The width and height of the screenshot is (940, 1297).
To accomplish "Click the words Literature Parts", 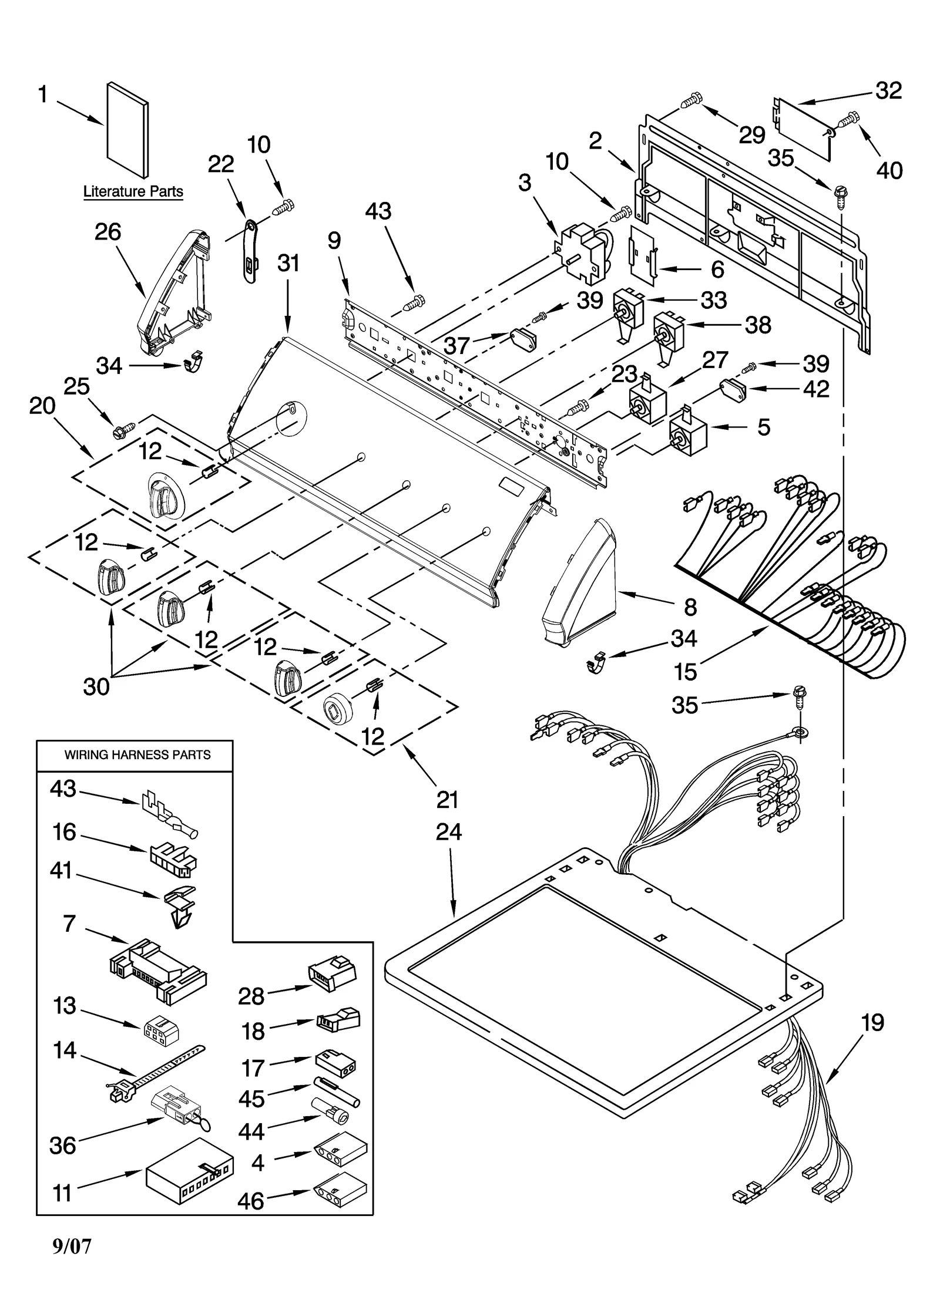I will pos(133,191).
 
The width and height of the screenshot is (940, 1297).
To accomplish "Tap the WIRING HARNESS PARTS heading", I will pos(137,754).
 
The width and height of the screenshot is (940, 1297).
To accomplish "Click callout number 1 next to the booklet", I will pos(43,95).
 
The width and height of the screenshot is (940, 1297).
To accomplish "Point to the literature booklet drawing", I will pos(127,129).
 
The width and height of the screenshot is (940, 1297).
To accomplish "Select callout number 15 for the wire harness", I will pos(685,672).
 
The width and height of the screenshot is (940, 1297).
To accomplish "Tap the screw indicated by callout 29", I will pos(691,100).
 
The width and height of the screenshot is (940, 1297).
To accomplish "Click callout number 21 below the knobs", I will pos(447,799).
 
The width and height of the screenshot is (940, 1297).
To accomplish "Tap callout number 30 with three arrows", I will pos(96,685).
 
